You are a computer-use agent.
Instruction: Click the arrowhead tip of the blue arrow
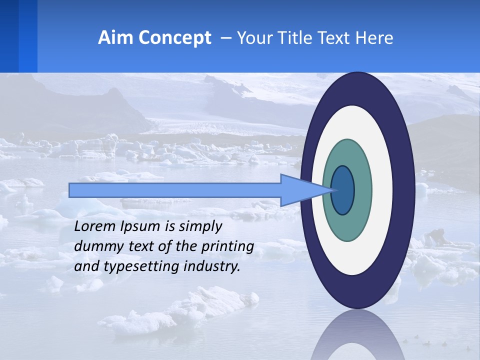[332, 190]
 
